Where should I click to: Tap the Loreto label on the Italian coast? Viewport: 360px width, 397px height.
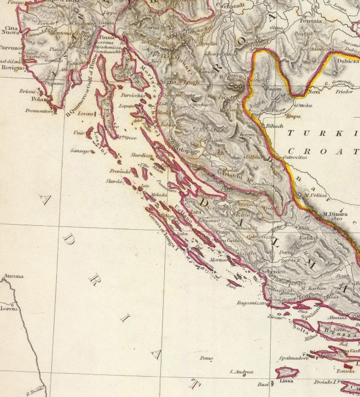pyautogui.click(x=10, y=309)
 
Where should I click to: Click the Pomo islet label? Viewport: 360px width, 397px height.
pyautogui.click(x=206, y=358)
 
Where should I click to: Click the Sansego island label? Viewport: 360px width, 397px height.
pyautogui.click(x=80, y=151)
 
